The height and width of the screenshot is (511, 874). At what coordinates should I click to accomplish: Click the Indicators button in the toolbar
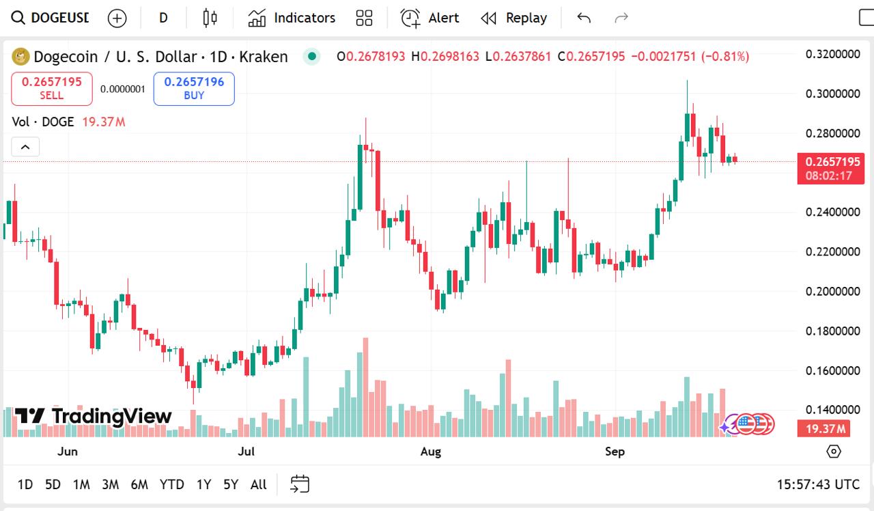click(292, 18)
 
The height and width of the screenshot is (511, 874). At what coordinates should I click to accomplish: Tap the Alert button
click(430, 18)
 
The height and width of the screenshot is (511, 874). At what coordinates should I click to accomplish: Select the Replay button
click(514, 18)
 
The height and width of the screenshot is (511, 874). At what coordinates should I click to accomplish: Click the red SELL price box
click(52, 89)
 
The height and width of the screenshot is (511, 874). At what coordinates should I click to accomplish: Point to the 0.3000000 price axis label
click(832, 94)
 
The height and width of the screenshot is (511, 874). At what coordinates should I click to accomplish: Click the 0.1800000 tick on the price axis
click(832, 331)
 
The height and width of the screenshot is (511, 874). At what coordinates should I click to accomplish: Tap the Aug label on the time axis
click(431, 451)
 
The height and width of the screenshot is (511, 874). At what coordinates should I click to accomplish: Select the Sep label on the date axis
click(615, 451)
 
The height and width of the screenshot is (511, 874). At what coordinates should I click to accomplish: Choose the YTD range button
click(171, 484)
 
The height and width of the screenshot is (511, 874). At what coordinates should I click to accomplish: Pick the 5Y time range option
click(230, 484)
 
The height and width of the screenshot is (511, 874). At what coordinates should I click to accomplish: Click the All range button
click(258, 484)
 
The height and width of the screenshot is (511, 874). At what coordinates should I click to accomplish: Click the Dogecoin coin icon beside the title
click(21, 57)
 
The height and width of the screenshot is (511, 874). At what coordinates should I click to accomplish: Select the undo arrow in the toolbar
click(584, 18)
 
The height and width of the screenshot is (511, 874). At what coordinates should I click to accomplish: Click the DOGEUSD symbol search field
click(51, 18)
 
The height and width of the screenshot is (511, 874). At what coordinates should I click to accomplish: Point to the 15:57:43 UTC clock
click(818, 484)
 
